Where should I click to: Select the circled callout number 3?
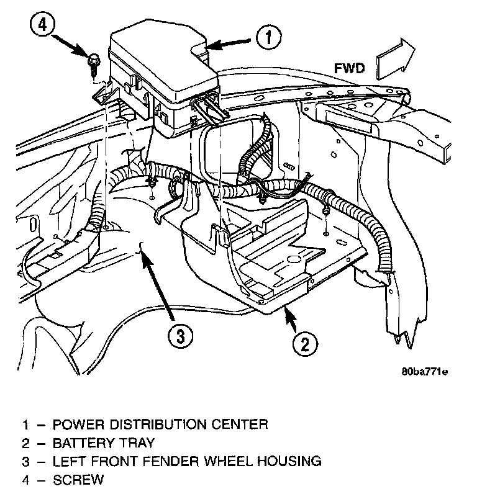[179, 337]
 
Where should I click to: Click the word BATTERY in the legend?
[83, 443]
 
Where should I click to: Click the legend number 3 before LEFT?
[25, 461]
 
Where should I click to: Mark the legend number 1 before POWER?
[25, 424]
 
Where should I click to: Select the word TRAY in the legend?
[134, 443]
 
